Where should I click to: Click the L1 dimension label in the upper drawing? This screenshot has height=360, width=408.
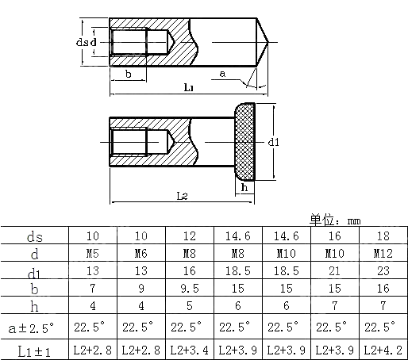click(189, 87)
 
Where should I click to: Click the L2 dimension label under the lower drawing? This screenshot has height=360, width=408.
click(182, 194)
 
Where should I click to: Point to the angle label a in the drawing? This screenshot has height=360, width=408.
click(221, 73)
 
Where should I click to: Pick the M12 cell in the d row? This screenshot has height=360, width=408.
click(382, 255)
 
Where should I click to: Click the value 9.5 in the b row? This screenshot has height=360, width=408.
click(191, 289)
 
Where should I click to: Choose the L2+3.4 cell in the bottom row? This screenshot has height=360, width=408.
click(191, 349)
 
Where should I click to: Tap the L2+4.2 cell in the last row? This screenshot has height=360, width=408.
click(382, 349)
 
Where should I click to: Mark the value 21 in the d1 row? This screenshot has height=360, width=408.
click(334, 272)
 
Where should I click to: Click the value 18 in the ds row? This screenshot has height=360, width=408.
click(382, 236)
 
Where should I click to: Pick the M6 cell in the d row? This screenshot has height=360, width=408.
click(142, 255)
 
